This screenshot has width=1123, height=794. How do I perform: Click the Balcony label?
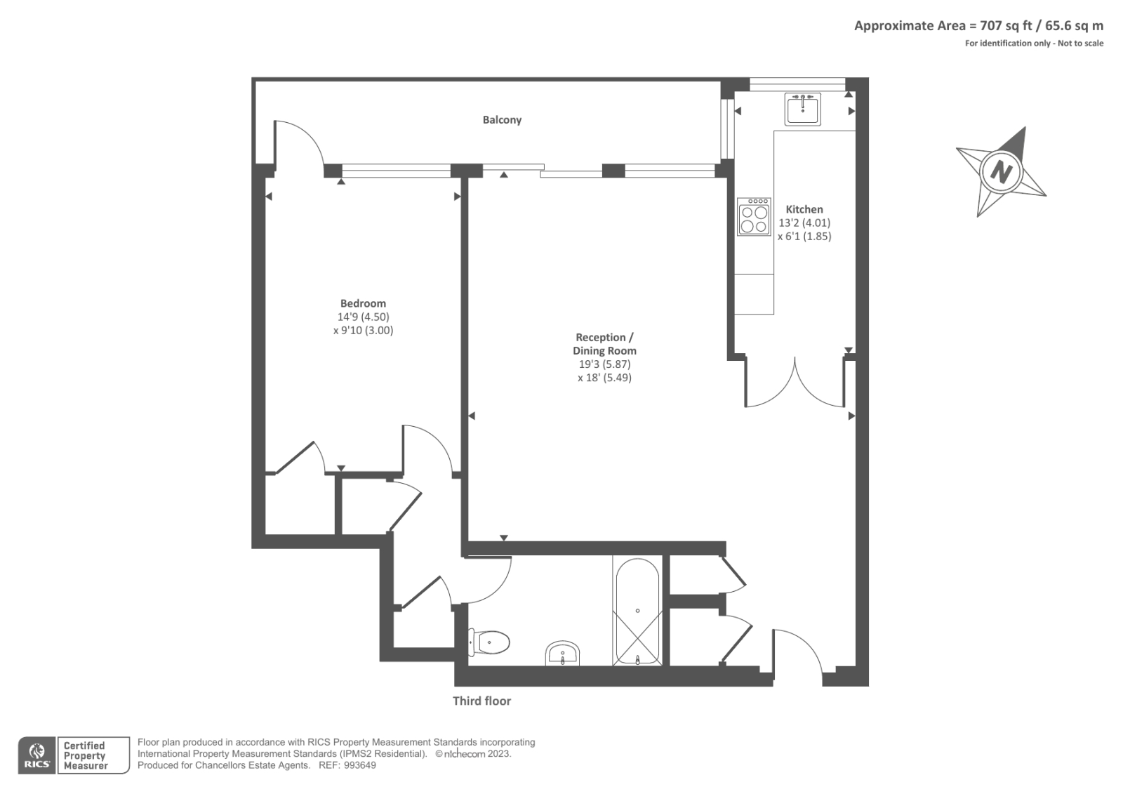502,120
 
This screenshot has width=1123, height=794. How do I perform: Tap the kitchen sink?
803,109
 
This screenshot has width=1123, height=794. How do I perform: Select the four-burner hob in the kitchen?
754,216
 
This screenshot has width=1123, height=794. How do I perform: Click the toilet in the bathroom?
489,642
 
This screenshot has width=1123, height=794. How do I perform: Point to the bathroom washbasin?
562,653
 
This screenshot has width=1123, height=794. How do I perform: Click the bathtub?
637,612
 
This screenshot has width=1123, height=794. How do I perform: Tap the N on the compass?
1001,172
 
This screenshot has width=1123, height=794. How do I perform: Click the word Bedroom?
363,303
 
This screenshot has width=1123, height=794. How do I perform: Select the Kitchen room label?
804,209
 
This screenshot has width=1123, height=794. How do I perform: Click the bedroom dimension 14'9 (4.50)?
363,317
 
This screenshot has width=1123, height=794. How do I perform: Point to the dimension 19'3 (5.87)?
604,364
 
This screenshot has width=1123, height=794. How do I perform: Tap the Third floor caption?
481,701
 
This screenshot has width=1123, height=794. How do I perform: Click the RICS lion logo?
37,755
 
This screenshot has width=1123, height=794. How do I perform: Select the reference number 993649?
359,765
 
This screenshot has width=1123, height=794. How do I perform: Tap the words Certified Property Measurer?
85,755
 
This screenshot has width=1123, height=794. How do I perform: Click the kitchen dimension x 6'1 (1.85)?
804,237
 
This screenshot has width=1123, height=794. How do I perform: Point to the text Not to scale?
1080,43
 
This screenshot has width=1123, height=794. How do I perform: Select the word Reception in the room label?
601,337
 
